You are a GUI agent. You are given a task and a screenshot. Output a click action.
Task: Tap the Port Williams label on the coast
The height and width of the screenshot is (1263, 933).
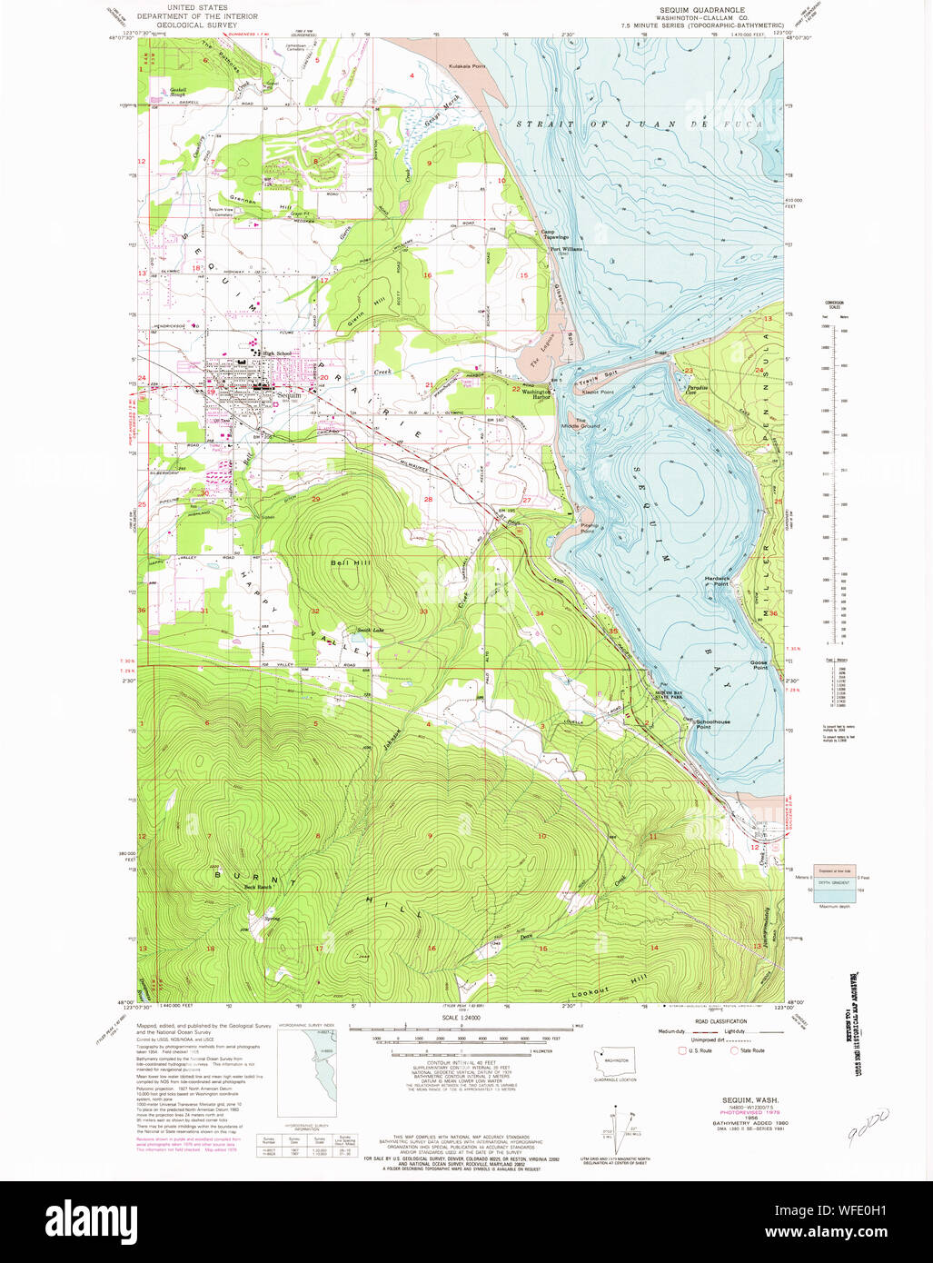click(x=564, y=249)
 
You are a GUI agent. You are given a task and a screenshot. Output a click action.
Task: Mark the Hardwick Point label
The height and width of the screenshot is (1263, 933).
click(x=718, y=581)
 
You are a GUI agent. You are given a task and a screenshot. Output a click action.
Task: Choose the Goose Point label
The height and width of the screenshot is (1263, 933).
click(x=759, y=666)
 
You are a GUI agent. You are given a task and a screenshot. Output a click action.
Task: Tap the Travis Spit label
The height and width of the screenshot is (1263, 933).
click(x=595, y=382)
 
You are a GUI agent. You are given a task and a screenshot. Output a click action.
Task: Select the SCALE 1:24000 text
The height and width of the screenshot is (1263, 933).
click(x=462, y=1018)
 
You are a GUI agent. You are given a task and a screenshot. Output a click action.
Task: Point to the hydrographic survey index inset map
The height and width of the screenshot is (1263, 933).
click(x=307, y=1078)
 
